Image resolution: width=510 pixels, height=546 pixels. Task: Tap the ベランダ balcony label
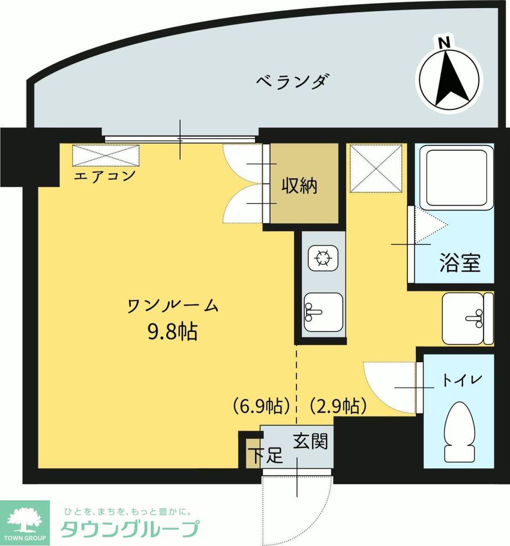point(293,82)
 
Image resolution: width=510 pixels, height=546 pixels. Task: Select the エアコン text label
point(104,175)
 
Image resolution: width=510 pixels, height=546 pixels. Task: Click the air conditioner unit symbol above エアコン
point(106,156)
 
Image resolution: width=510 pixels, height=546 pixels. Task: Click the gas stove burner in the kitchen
point(323,258)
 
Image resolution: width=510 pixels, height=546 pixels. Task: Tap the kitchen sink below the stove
point(323,311)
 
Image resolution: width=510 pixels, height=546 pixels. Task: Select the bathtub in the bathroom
point(456,178)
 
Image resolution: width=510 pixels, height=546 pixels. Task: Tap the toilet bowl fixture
point(459,432)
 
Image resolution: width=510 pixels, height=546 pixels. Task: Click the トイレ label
point(463,380)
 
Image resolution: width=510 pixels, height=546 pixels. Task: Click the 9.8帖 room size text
point(173,331)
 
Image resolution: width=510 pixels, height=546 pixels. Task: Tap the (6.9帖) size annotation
point(262,406)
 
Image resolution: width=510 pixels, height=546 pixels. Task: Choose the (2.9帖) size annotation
point(338,406)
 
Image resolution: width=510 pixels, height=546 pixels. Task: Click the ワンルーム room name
point(173,306)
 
